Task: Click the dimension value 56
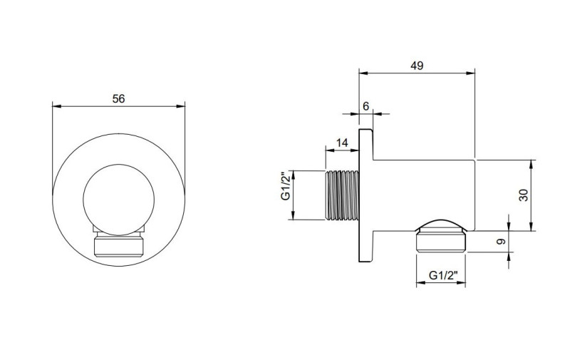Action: [x=118, y=99]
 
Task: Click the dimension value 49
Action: [x=418, y=65]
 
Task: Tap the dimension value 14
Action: [x=341, y=143]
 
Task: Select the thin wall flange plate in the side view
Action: [x=366, y=195]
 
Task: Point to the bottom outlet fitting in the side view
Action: [x=440, y=236]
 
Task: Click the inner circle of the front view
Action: [x=118, y=195]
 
